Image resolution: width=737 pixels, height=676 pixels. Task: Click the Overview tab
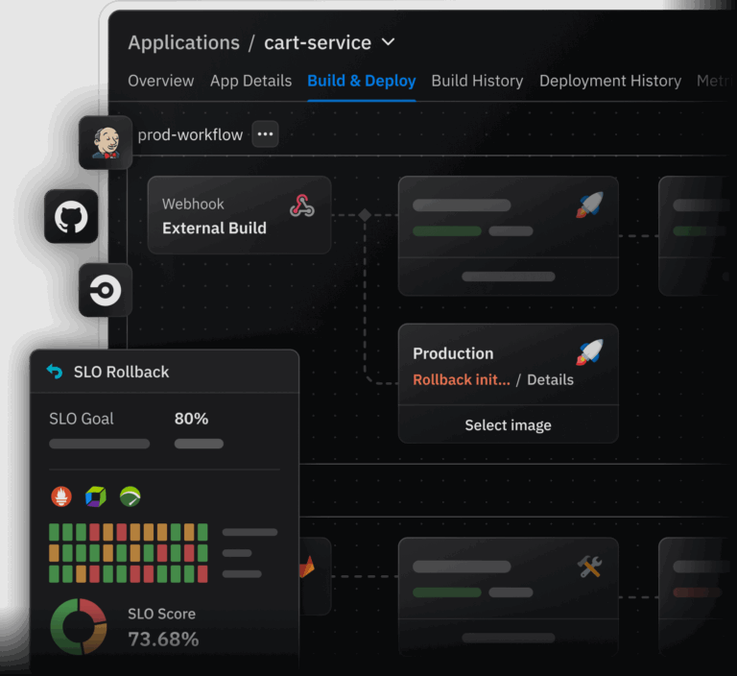click(x=160, y=81)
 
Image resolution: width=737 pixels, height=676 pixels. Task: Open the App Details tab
click(x=250, y=81)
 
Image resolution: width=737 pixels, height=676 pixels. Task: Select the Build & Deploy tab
click(x=361, y=81)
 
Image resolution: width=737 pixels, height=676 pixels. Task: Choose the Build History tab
click(x=477, y=81)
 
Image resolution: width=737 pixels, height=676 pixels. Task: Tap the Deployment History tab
click(x=609, y=81)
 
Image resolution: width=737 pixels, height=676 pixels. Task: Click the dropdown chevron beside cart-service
click(x=388, y=42)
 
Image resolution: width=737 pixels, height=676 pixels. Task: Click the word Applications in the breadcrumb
click(x=183, y=42)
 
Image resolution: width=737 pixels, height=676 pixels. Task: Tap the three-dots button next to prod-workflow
click(x=265, y=134)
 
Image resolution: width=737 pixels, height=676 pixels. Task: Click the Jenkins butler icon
click(x=106, y=142)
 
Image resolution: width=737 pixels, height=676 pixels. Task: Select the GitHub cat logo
click(x=71, y=216)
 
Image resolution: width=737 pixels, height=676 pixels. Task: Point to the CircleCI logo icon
click(x=106, y=289)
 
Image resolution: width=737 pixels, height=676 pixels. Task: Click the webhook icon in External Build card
click(x=302, y=205)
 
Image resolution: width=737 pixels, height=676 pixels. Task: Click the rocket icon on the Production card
click(x=589, y=352)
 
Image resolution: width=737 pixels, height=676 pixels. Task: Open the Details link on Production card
click(x=550, y=379)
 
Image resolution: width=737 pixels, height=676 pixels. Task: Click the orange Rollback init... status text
click(x=461, y=379)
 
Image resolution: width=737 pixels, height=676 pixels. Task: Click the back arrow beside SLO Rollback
click(x=55, y=372)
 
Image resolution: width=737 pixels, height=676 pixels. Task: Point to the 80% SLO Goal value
click(x=191, y=419)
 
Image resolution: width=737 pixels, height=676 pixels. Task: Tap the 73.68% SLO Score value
click(x=163, y=639)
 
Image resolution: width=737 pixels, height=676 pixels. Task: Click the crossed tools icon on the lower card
click(x=589, y=567)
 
